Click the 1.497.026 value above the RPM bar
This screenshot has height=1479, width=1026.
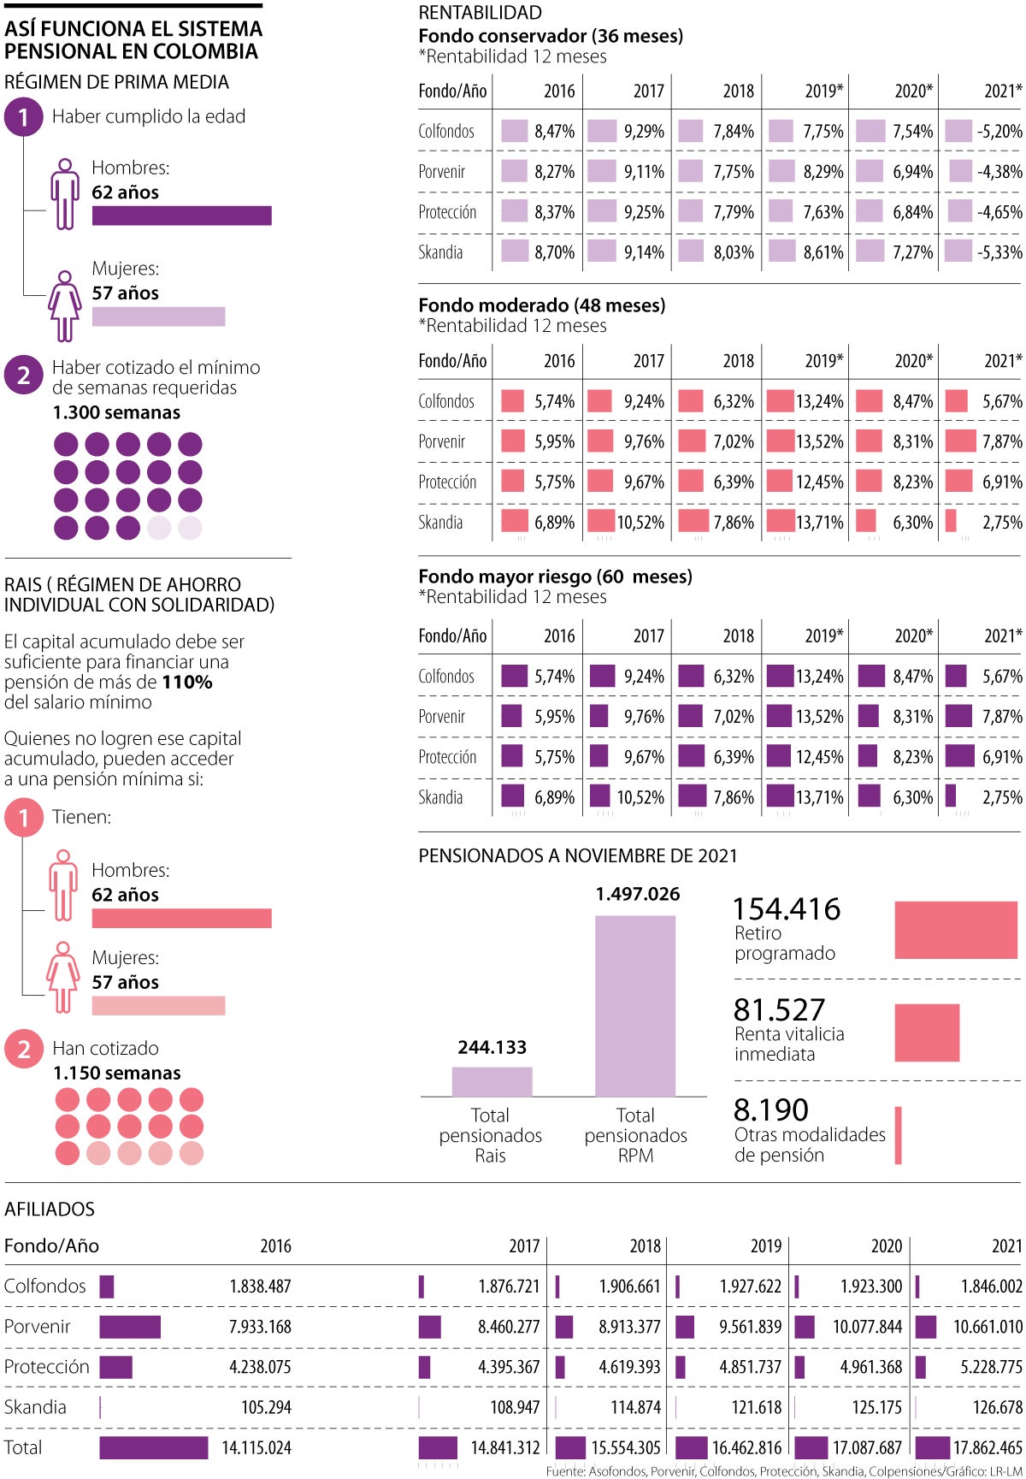[x=638, y=894]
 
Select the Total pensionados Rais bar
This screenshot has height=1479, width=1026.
[x=492, y=1081]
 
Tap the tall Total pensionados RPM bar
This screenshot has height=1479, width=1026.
[x=634, y=1006]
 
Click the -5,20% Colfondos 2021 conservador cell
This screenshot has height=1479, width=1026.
[x=999, y=131]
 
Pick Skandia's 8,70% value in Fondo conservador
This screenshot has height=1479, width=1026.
[x=554, y=252]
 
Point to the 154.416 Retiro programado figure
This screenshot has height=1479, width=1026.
[x=787, y=909]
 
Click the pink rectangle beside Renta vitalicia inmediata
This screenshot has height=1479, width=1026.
[x=927, y=1032]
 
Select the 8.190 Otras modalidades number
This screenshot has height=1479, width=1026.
[x=770, y=1110]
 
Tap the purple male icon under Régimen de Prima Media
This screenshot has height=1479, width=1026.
[x=64, y=194]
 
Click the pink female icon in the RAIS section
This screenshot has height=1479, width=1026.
[x=63, y=977]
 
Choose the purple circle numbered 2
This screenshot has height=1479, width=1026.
[x=23, y=375]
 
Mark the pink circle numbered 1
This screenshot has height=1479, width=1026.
[x=23, y=818]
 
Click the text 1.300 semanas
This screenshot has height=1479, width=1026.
[x=116, y=412]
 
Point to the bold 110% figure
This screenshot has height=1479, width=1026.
[x=186, y=682]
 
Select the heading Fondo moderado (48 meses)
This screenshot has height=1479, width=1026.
[x=541, y=305]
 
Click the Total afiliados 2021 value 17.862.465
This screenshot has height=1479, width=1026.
[x=988, y=1447]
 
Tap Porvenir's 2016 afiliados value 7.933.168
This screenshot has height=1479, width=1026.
[x=260, y=1327]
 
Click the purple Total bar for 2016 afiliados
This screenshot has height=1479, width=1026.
[x=153, y=1447]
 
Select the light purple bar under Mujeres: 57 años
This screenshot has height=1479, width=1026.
[x=158, y=317]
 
